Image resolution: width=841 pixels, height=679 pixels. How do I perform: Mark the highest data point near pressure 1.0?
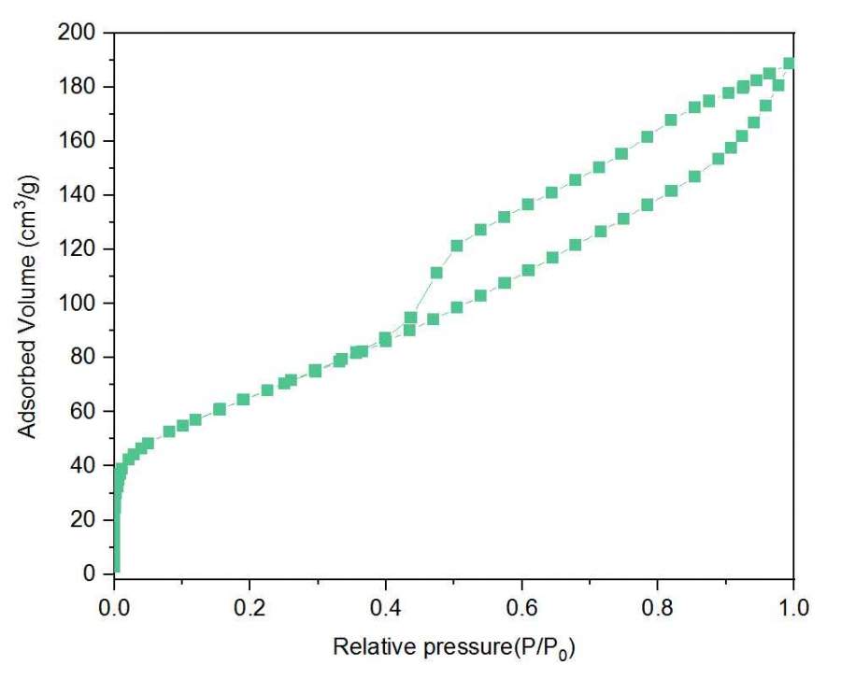click(x=790, y=64)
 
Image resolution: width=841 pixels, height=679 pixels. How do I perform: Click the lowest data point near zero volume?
click(x=115, y=567)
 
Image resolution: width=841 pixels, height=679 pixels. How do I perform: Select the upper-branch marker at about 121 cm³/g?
click(x=457, y=247)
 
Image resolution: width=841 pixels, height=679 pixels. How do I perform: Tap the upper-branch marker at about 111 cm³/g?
click(x=436, y=273)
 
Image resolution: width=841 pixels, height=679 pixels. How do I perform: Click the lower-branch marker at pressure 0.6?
click(x=528, y=270)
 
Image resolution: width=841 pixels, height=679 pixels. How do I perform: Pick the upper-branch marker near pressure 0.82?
click(x=671, y=120)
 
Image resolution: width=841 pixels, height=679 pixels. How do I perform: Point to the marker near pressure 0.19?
click(x=243, y=399)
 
